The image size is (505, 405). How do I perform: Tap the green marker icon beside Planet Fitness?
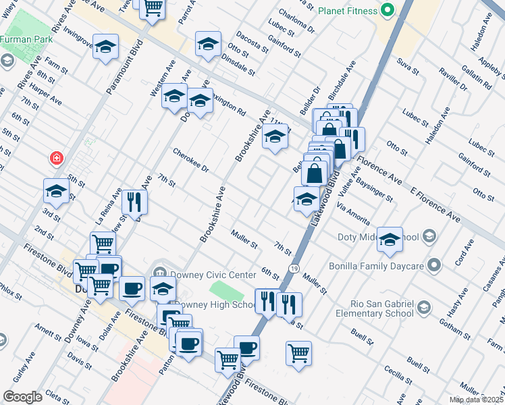coord(387,10)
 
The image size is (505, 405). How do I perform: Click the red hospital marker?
coord(57,159)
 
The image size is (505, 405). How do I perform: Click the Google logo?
coord(23,397)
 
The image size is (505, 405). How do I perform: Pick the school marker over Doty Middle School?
coord(390,240)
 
